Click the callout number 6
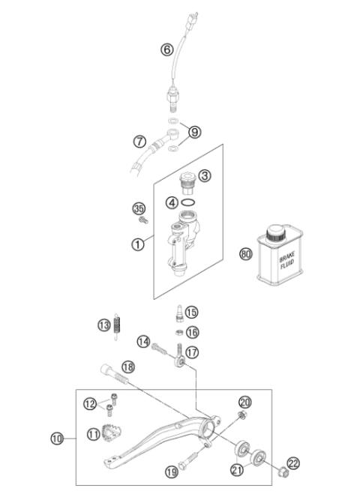pyautogui.click(x=167, y=50)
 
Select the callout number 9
pyautogui.click(x=195, y=132)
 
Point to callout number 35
pyautogui.click(x=138, y=208)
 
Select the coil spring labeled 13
pyautogui.click(x=116, y=325)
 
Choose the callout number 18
pyautogui.click(x=127, y=367)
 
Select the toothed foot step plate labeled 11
pyautogui.click(x=115, y=434)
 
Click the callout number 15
pyautogui.click(x=192, y=312)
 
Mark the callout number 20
pyautogui.click(x=245, y=402)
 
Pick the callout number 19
pyautogui.click(x=171, y=472)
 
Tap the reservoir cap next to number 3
pyautogui.click(x=184, y=179)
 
